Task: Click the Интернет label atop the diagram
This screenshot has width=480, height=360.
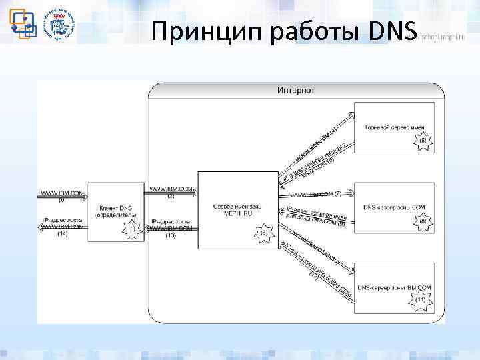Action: pyautogui.click(x=296, y=90)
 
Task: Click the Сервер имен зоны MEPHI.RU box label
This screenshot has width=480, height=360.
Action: pyautogui.click(x=238, y=209)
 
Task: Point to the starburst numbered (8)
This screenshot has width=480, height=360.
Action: pyautogui.click(x=423, y=221)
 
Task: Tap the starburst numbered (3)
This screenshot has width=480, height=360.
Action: pyautogui.click(x=264, y=232)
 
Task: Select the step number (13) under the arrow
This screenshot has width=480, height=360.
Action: pyautogui.click(x=170, y=235)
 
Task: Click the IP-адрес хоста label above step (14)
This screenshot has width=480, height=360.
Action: pyautogui.click(x=63, y=219)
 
